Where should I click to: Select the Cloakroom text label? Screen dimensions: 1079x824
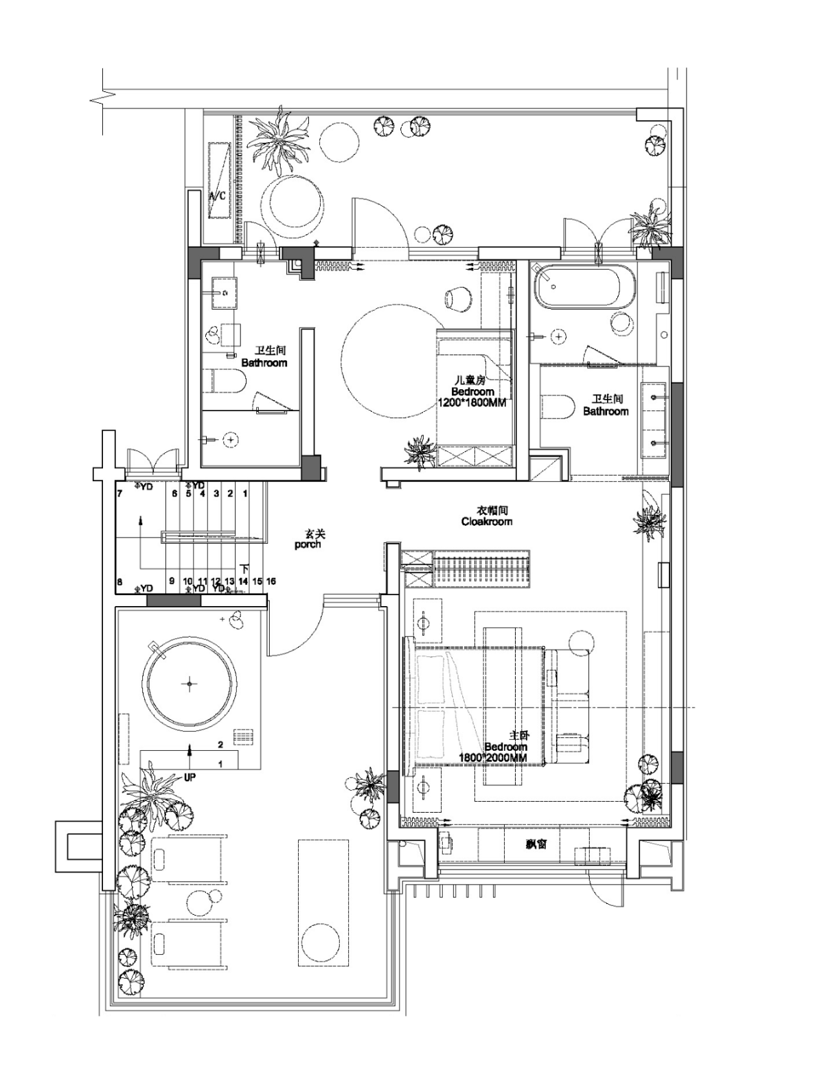click(486, 522)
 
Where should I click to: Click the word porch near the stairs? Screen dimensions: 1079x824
click(308, 544)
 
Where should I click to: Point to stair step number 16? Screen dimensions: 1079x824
click(271, 581)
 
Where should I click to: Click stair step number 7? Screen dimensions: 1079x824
click(119, 494)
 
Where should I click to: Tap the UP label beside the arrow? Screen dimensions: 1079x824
click(190, 778)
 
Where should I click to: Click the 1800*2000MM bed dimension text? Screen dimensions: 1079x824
click(493, 758)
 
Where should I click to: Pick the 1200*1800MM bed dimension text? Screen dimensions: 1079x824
click(472, 403)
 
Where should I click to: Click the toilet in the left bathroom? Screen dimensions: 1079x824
click(226, 382)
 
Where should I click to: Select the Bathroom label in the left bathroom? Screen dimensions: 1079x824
click(264, 362)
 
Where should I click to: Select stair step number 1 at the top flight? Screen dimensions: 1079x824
click(244, 494)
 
